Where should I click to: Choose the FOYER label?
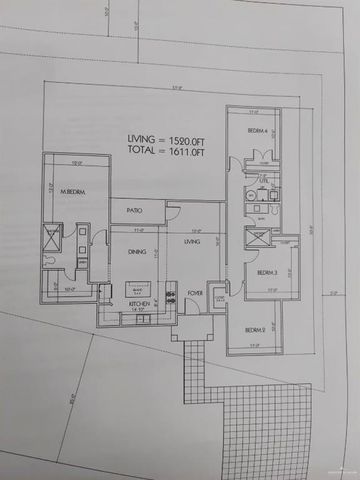point(196,293)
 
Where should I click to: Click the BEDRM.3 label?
point(266,272)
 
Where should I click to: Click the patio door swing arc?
point(172,212)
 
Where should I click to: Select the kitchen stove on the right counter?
point(171,290)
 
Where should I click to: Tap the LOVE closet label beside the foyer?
point(219,296)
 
